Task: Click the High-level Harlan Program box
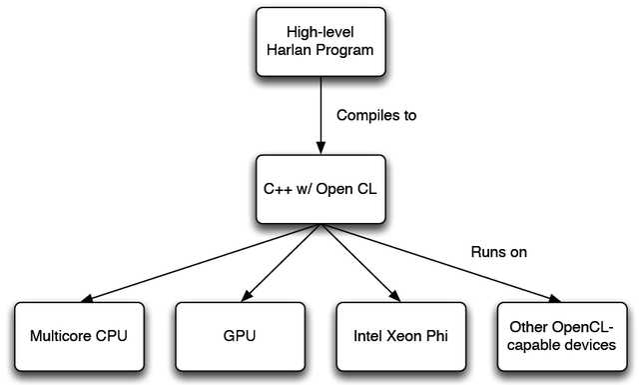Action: tap(319, 41)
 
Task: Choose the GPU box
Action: tap(239, 336)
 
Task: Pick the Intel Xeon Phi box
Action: tap(399, 336)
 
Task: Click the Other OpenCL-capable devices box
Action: tap(559, 336)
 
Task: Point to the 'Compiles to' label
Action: tap(376, 116)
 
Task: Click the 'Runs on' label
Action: tap(498, 252)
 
